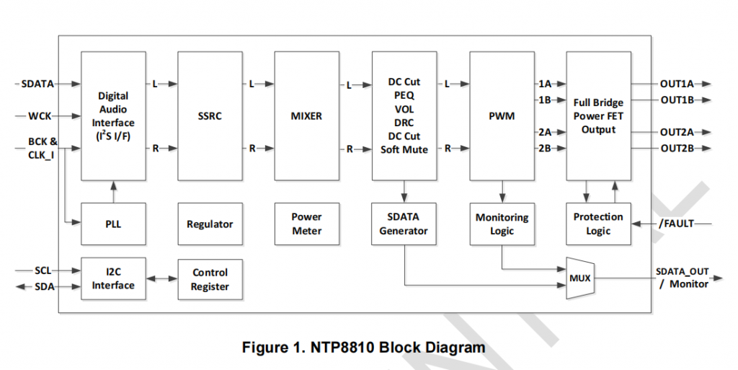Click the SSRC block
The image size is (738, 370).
(x=210, y=115)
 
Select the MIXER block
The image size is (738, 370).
(x=307, y=115)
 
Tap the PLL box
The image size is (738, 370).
(x=113, y=224)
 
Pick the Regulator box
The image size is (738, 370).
(x=210, y=224)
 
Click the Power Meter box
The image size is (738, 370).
(x=307, y=224)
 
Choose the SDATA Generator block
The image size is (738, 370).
(x=404, y=224)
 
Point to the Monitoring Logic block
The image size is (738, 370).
(x=502, y=224)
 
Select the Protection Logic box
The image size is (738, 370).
(x=598, y=224)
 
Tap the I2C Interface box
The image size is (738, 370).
(x=113, y=278)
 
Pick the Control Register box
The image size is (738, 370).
(x=210, y=279)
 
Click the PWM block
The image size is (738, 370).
(x=502, y=115)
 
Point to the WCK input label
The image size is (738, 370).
(x=40, y=116)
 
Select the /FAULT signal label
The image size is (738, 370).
(x=676, y=224)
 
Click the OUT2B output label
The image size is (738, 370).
(x=677, y=149)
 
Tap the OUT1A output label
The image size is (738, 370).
(x=677, y=84)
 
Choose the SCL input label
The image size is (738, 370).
(x=43, y=270)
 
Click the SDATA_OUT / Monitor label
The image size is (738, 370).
(x=682, y=278)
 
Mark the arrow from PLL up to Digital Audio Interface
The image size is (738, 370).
(x=113, y=192)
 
